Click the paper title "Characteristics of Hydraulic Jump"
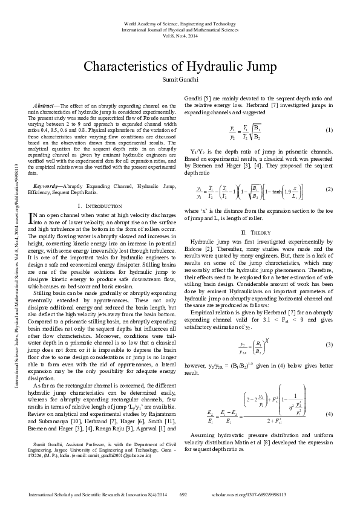pos(180,67)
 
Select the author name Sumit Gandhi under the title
pos(180,81)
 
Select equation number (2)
pos(329,189)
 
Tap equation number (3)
pos(329,361)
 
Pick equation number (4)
pos(329,413)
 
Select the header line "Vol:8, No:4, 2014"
pos(180,36)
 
